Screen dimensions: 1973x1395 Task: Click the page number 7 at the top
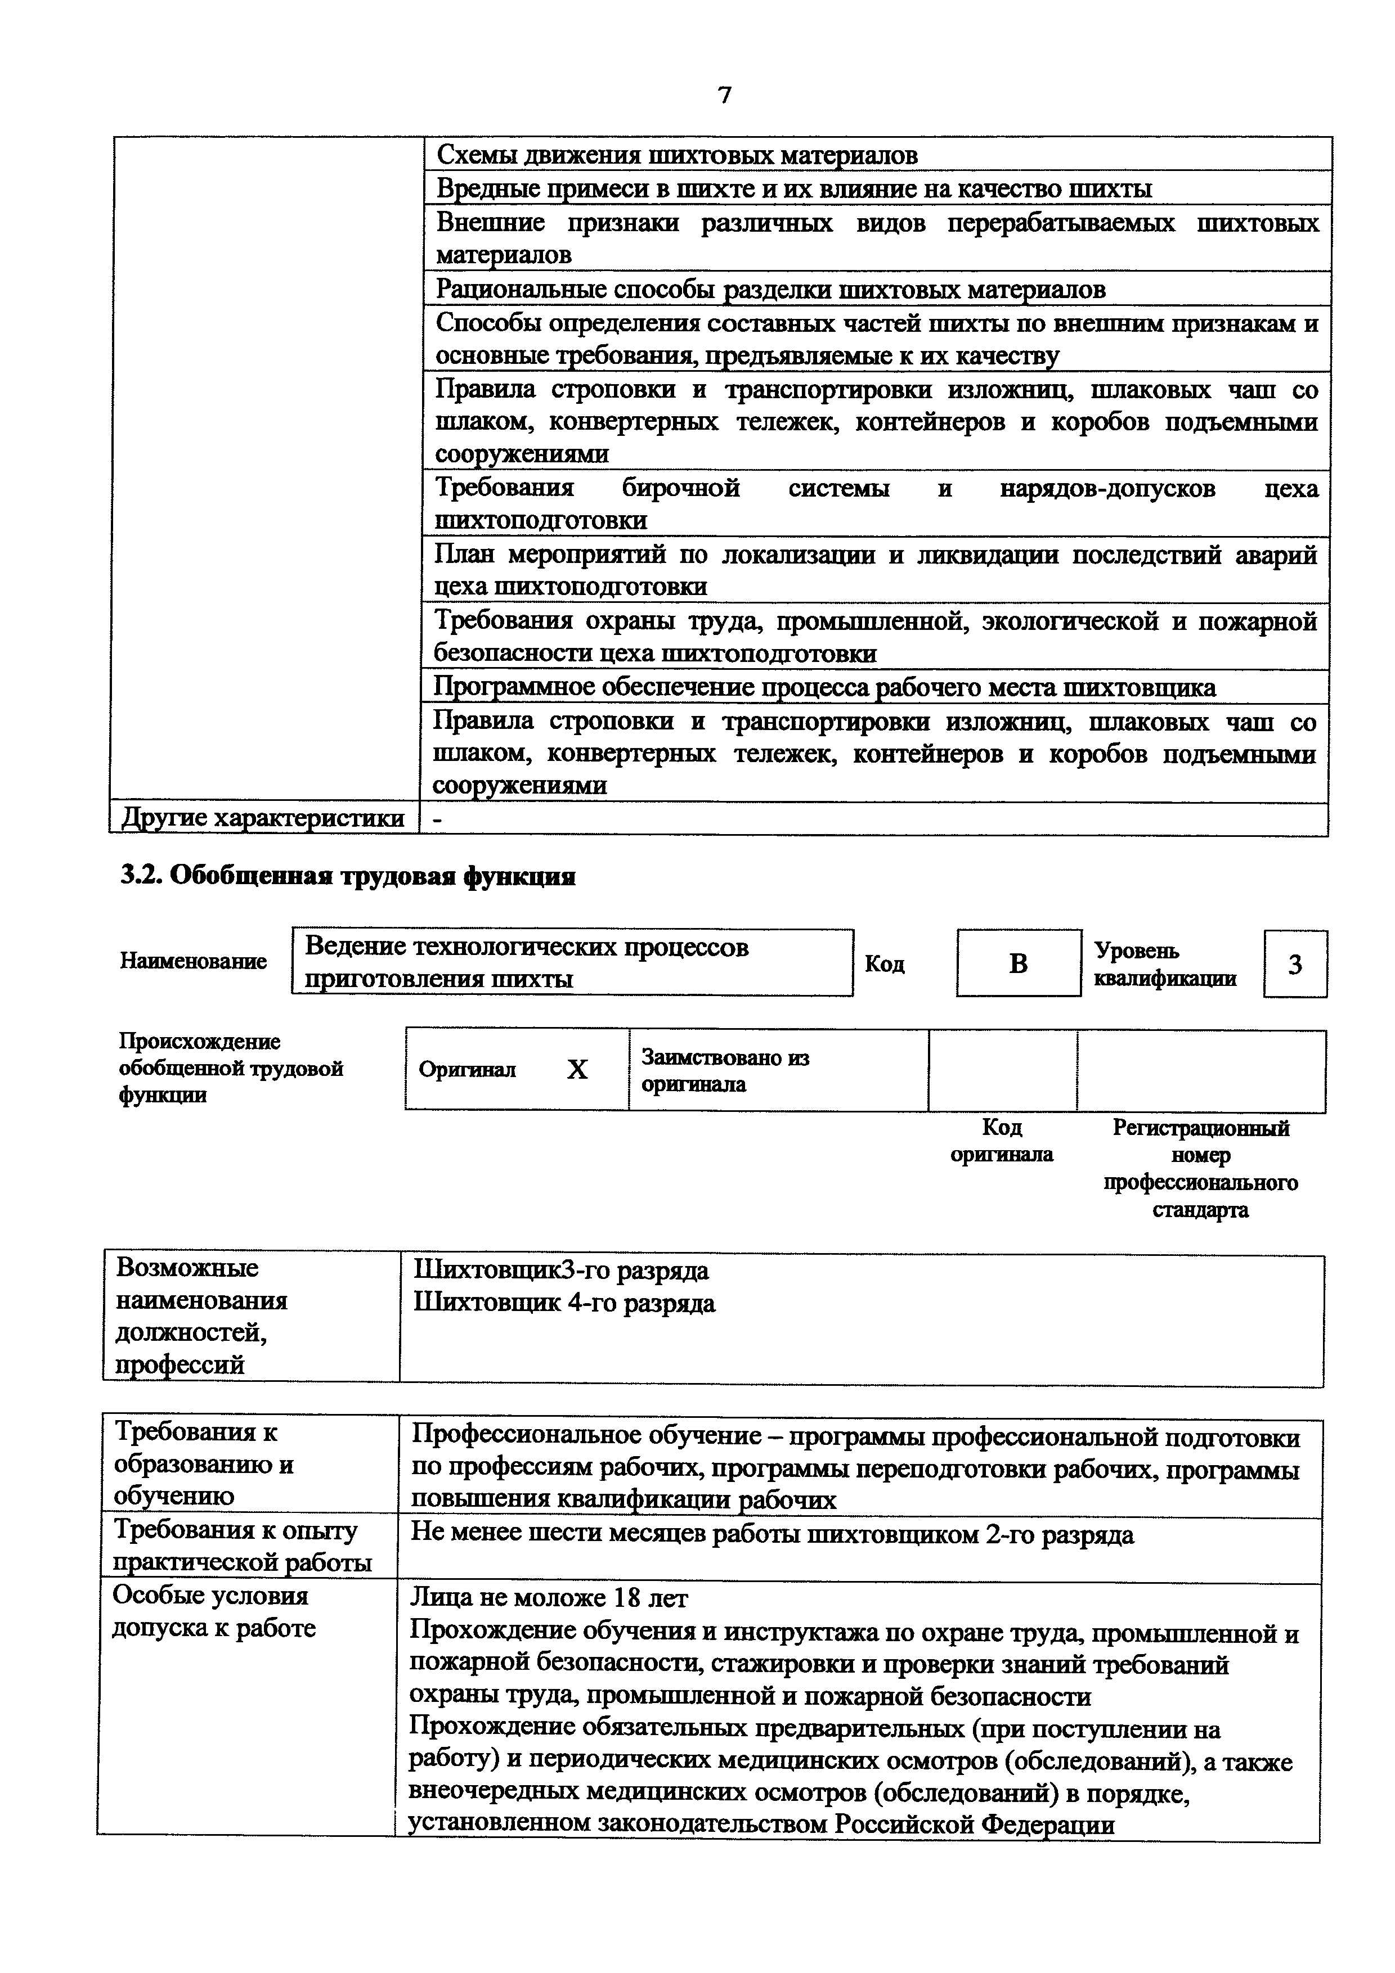pos(724,94)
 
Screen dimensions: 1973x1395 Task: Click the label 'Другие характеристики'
pos(263,818)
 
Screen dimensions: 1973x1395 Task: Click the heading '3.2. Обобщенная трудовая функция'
pos(347,876)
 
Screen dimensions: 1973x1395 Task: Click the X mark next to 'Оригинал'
pos(577,1070)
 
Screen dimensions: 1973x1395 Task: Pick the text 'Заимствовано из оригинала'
pos(725,1071)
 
